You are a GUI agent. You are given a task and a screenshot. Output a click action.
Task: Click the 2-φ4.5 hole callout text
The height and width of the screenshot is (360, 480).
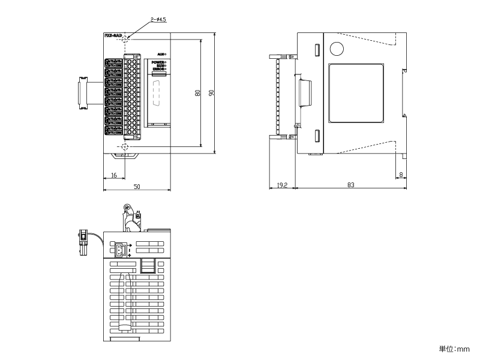[x=158, y=19]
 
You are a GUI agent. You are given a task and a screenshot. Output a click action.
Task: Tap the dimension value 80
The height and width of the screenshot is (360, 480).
[x=197, y=93]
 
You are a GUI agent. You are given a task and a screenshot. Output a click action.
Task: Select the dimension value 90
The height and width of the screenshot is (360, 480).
[x=211, y=93]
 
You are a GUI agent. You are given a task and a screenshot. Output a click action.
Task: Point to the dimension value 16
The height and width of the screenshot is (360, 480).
[x=114, y=176]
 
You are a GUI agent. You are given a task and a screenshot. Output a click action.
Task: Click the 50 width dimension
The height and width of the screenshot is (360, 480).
[x=137, y=187]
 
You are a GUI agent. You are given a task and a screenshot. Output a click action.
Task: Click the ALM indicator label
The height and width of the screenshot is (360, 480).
[x=160, y=55]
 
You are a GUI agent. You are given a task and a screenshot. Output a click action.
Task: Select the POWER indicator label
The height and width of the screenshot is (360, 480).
[x=158, y=62]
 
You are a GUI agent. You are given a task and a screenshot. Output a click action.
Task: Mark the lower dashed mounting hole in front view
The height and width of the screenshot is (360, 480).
[x=125, y=148]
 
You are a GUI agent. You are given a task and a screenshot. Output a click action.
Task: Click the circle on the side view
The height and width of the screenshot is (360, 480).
[x=337, y=49]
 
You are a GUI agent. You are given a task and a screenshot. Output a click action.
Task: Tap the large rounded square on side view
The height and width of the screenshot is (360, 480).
[x=356, y=94]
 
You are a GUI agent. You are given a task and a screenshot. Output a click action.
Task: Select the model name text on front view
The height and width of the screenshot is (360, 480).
[x=113, y=36]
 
